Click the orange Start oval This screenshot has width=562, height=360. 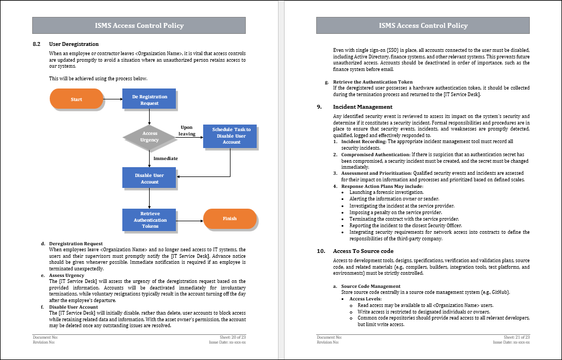(x=76, y=99)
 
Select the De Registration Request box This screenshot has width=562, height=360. (x=149, y=99)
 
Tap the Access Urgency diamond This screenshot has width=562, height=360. (x=150, y=137)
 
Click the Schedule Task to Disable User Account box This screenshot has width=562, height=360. (x=231, y=136)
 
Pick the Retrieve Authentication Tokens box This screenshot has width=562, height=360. (x=149, y=219)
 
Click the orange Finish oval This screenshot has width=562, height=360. (x=230, y=219)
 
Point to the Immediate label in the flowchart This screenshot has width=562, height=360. (x=165, y=158)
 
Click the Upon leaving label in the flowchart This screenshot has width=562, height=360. (x=187, y=131)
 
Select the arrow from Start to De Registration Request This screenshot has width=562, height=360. (x=113, y=99)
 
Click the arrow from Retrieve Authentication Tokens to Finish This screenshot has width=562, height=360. (x=190, y=219)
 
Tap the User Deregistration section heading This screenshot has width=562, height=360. (x=74, y=44)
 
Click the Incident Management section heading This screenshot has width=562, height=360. (x=363, y=107)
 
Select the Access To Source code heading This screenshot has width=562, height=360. (x=363, y=251)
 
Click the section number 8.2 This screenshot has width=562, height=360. (x=37, y=44)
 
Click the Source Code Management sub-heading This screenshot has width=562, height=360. (x=370, y=286)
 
